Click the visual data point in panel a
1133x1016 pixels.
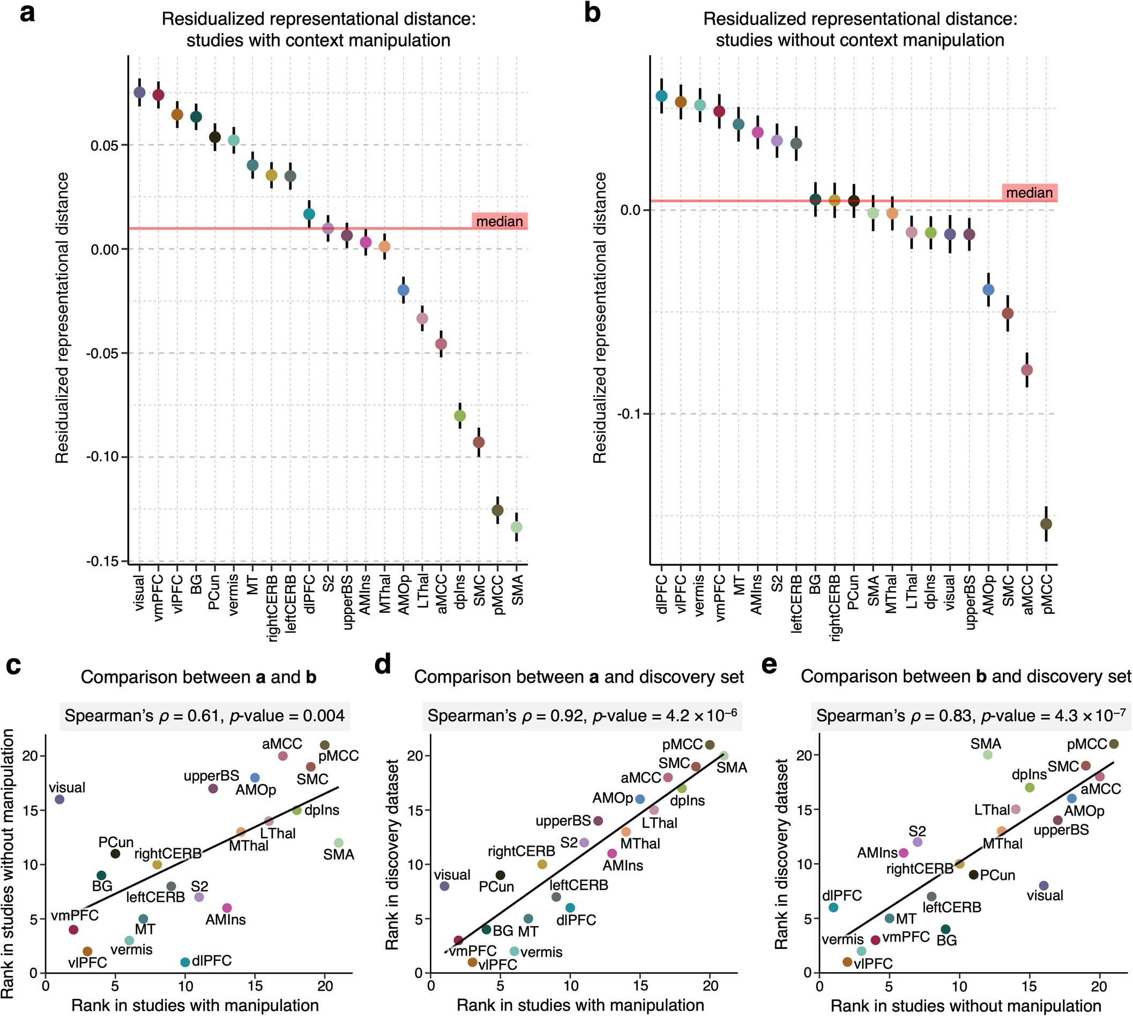point(139,92)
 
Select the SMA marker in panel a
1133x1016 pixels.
point(517,526)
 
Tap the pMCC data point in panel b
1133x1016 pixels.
point(1046,524)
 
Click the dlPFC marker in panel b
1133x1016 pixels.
point(662,96)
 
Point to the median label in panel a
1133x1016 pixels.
point(499,222)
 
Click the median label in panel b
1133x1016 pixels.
point(1029,193)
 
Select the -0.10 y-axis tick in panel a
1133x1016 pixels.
point(106,457)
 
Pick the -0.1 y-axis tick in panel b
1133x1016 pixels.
point(629,414)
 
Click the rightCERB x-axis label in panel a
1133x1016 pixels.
point(272,608)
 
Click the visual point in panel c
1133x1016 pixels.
point(59,800)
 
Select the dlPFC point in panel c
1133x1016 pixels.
point(185,962)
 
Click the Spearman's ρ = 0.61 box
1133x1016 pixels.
point(204,716)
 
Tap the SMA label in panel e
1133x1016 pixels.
point(986,744)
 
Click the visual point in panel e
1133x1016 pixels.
point(1043,885)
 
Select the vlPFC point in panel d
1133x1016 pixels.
point(472,962)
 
